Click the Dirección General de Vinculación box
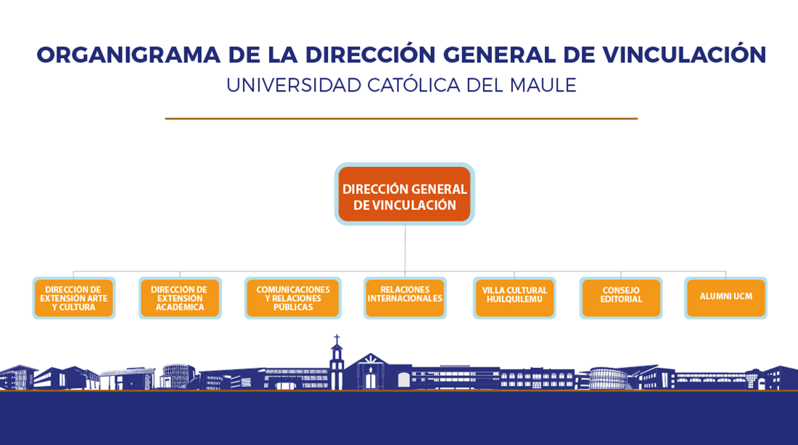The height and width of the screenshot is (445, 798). pyautogui.click(x=405, y=194)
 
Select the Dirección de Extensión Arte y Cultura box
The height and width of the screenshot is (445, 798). pyautogui.click(x=74, y=298)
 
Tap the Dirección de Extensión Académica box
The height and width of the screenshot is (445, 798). pyautogui.click(x=180, y=298)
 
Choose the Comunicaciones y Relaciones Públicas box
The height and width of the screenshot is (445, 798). pyautogui.click(x=292, y=298)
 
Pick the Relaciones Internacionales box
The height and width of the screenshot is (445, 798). pyautogui.click(x=405, y=298)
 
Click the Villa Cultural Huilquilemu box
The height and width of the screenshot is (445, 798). pyautogui.click(x=514, y=298)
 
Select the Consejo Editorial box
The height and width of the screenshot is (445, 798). pyautogui.click(x=621, y=298)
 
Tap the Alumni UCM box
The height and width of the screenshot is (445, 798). pyautogui.click(x=725, y=298)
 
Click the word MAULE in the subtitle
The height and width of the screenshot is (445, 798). pyautogui.click(x=543, y=86)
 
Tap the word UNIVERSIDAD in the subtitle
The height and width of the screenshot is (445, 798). pyautogui.click(x=294, y=86)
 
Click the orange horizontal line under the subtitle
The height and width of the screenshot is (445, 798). pyautogui.click(x=401, y=118)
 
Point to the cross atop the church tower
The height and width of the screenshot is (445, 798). pyautogui.click(x=337, y=338)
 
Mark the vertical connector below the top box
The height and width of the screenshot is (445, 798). pyautogui.click(x=405, y=248)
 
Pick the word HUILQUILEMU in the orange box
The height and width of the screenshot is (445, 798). pyautogui.click(x=514, y=299)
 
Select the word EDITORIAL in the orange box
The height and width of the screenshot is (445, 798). pyautogui.click(x=621, y=299)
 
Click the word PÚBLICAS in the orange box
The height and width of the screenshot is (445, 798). pyautogui.click(x=292, y=306)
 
